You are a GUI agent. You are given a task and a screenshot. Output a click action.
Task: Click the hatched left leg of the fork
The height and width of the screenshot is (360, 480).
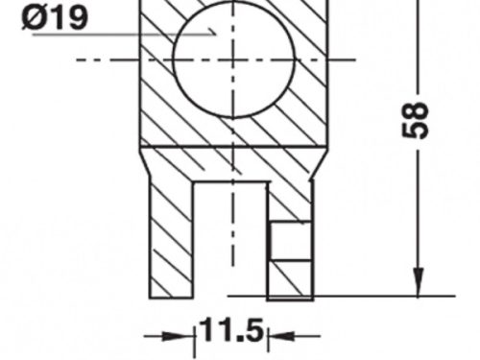click(x=171, y=236)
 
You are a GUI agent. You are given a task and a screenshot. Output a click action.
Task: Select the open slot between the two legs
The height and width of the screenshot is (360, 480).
click(x=230, y=240)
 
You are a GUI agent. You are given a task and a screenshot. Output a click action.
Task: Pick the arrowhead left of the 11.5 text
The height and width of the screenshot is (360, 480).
click(x=181, y=336)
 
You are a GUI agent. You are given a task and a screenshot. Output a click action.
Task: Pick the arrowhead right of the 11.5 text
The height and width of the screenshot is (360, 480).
click(x=279, y=336)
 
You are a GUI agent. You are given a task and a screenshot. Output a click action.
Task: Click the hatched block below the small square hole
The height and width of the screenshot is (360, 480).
click(x=289, y=280)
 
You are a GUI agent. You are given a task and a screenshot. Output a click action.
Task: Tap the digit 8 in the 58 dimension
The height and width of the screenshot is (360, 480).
click(x=417, y=108)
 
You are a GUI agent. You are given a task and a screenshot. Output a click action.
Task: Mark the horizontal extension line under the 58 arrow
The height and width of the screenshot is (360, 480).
click(x=384, y=295)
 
